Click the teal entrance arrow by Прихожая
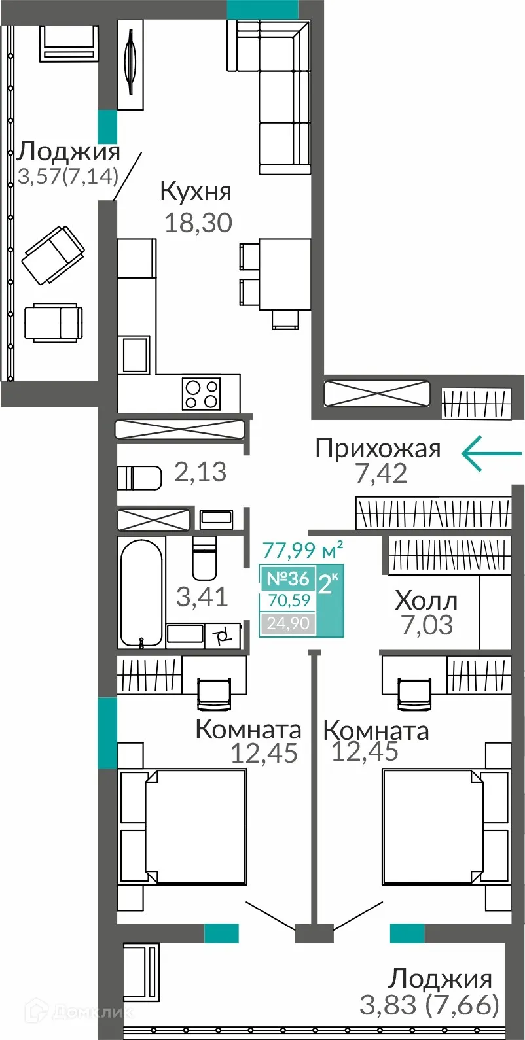491,453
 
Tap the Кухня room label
195,192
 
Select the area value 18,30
198,223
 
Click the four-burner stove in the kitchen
201,394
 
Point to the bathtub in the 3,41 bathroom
141,593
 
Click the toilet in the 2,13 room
139,477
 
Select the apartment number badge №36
287,578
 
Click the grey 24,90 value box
288,623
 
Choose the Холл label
426,600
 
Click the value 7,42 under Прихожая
381,473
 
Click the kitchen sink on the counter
136,355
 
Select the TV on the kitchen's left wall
131,64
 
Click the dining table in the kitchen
284,274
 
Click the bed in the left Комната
194,826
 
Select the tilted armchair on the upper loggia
53,255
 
